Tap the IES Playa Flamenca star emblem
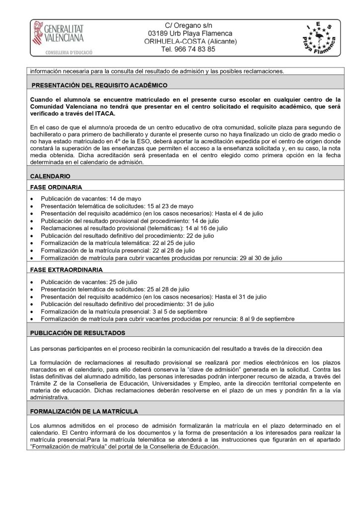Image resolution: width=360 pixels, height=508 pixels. pos(319,38)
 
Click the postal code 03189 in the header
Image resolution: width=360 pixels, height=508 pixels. pos(158,33)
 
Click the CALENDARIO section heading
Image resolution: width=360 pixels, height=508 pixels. pos(50,176)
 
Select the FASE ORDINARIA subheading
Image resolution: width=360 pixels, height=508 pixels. pos(56,188)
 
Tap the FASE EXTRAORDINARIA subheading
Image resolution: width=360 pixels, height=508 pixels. pos(67,269)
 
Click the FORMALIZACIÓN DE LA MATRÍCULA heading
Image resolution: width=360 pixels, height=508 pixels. pos(84,411)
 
